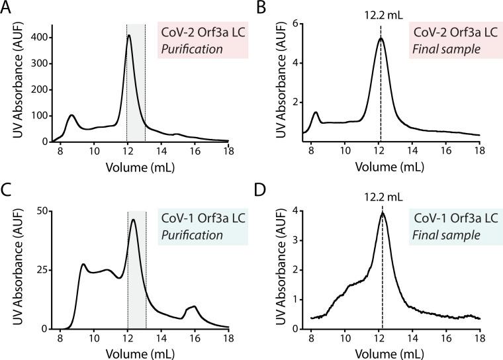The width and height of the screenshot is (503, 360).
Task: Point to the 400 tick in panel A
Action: click(39, 37)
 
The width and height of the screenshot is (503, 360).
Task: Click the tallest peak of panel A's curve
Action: click(129, 36)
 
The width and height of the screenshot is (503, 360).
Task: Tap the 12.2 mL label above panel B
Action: click(381, 12)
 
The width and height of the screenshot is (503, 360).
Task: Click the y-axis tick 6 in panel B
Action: click(299, 24)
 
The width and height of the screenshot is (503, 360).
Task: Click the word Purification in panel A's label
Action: click(187, 47)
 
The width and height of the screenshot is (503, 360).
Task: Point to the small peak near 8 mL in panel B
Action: click(316, 113)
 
